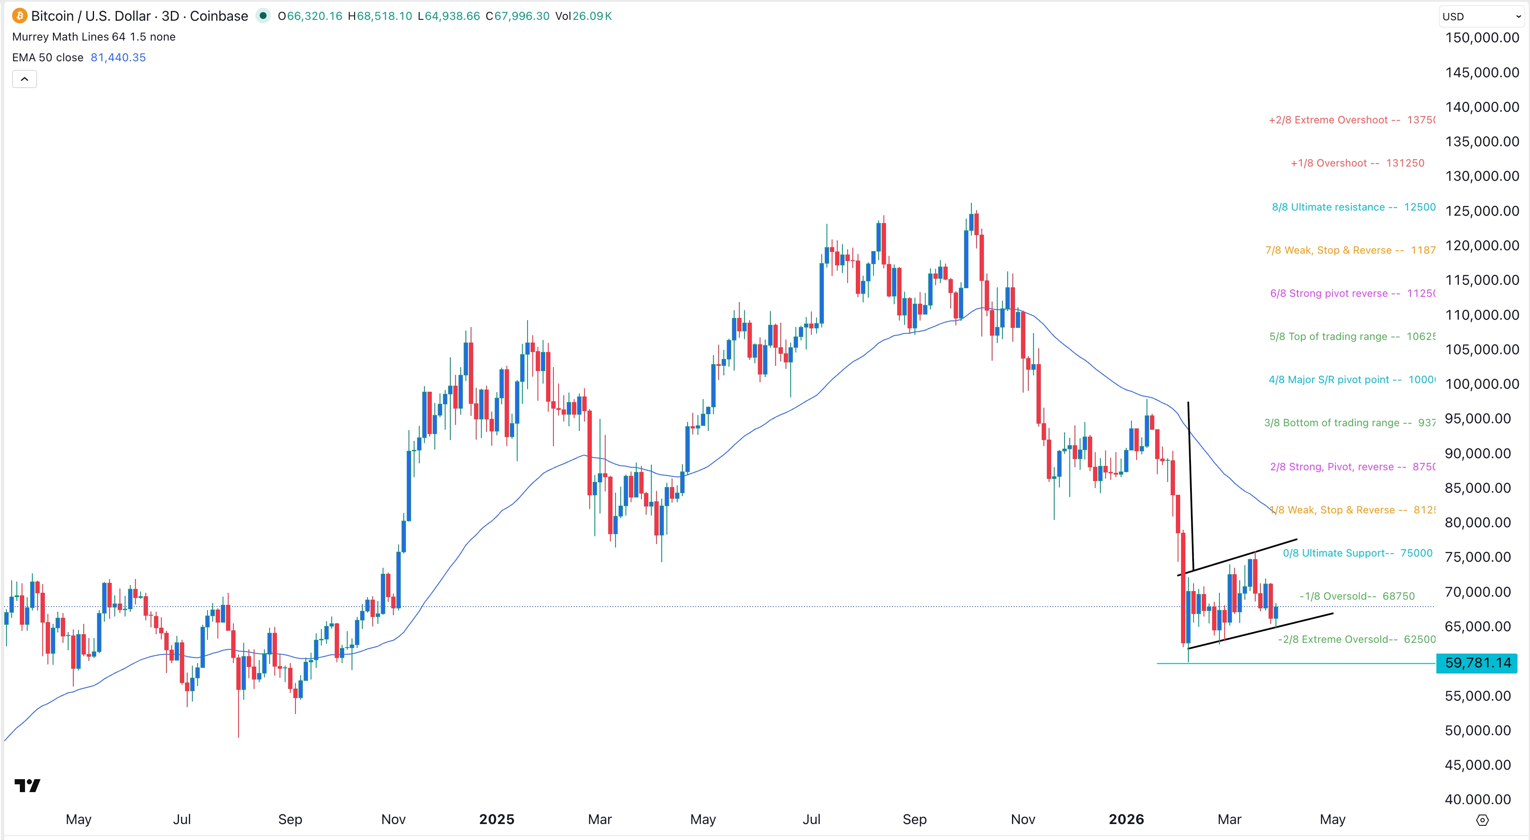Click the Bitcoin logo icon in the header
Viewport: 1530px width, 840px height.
(19, 16)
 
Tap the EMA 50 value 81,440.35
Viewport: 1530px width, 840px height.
(118, 58)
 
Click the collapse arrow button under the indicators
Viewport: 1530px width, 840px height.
(24, 79)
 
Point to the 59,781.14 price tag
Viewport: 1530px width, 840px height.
(1477, 663)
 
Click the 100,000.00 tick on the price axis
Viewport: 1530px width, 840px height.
(1481, 384)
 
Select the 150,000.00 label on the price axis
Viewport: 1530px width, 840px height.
(1481, 38)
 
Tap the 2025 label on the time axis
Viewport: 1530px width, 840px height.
(496, 819)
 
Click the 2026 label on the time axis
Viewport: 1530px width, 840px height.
(1126, 819)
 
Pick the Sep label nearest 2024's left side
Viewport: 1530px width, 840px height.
(290, 819)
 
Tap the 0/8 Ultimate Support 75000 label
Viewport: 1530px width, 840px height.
(1357, 553)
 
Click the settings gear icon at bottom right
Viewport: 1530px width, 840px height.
(1483, 820)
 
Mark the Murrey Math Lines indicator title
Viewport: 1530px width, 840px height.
(93, 37)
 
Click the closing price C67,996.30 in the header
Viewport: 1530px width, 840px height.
(517, 16)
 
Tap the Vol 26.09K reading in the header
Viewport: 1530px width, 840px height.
(583, 16)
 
